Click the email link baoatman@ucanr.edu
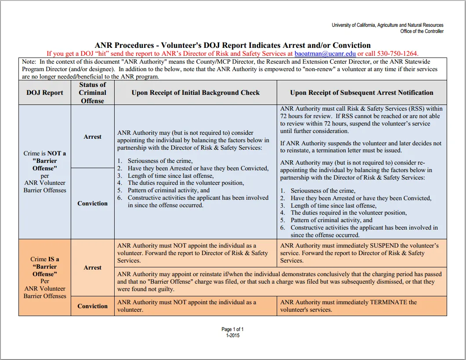[325, 54]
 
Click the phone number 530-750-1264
[391, 54]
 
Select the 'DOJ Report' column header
[45, 93]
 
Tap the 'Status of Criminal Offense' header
[93, 93]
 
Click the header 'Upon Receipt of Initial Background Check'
[195, 93]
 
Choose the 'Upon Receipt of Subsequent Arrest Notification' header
[361, 93]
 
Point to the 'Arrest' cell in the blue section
[93, 137]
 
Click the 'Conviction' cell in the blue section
[93, 203]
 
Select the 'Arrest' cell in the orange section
[93, 267]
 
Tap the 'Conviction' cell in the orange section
[93, 306]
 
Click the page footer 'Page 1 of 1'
[233, 329]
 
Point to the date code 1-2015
[233, 335]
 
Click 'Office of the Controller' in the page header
[422, 31]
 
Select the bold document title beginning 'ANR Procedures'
[233, 45]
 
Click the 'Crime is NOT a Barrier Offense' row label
[45, 172]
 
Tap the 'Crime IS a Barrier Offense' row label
[45, 277]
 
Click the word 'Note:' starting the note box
[29, 62]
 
